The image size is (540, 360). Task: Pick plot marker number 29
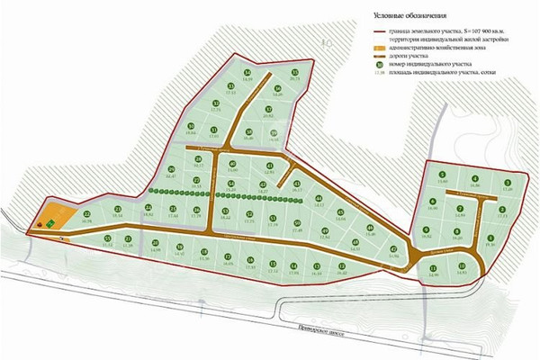tap(171, 169)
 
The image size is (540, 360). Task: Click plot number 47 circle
tap(393, 249)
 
